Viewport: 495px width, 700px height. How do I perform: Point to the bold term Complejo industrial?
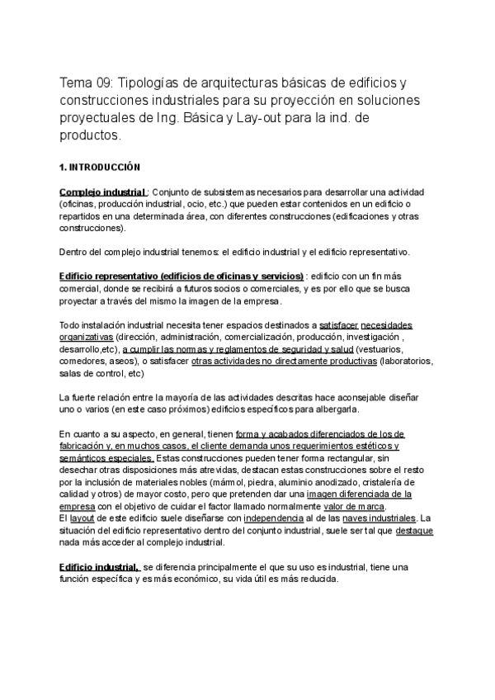coord(103,192)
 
